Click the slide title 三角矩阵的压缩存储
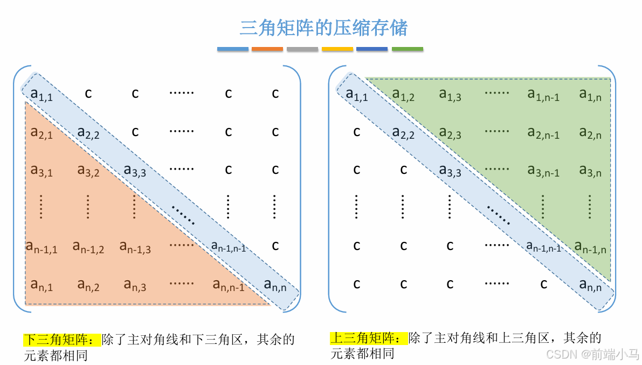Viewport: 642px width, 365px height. (323, 28)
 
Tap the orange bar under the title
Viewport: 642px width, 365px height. (267, 49)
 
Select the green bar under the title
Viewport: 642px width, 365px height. (407, 49)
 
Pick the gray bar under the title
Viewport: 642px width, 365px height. (302, 49)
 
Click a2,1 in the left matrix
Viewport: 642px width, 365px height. (42, 132)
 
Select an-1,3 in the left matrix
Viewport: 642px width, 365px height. (135, 247)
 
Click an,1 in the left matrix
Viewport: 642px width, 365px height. (42, 285)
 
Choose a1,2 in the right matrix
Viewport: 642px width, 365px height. (403, 95)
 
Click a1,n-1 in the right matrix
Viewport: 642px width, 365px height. (543, 95)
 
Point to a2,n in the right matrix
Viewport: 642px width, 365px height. (590, 133)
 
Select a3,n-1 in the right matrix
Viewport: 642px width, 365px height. (543, 171)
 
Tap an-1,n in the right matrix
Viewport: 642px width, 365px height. (590, 247)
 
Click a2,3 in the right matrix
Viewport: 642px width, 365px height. (450, 133)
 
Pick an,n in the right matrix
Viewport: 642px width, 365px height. (590, 285)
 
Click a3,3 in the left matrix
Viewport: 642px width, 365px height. (135, 171)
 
